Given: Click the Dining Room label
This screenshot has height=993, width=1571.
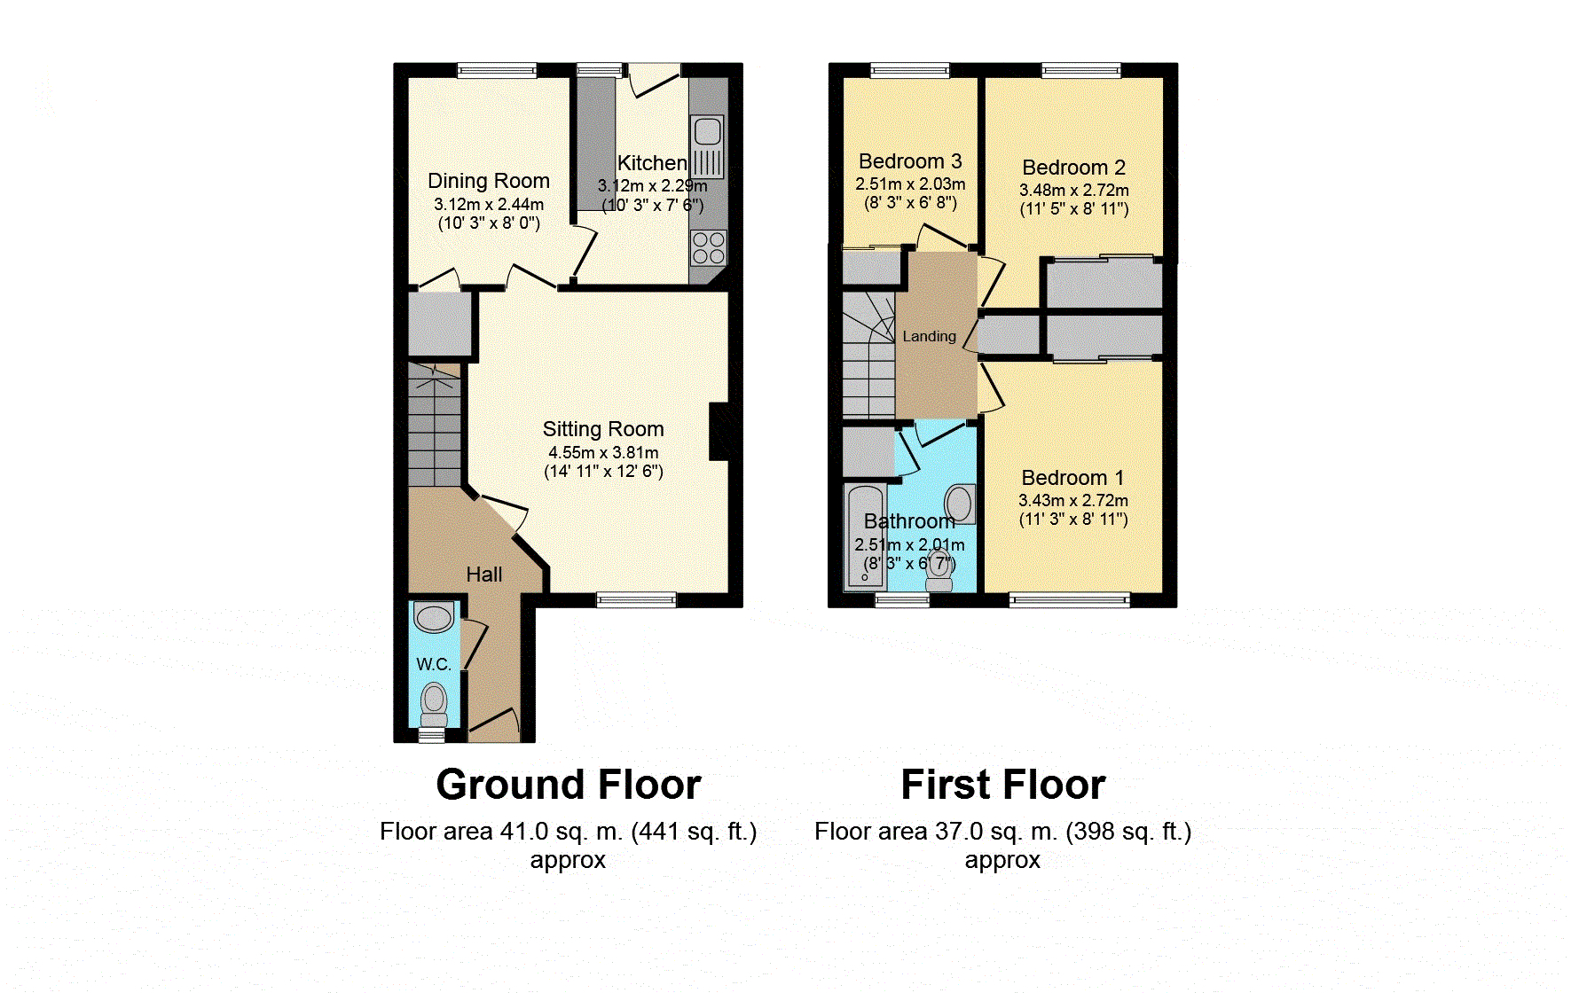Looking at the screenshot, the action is pos(489,181).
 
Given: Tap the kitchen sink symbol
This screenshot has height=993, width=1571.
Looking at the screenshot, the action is pos(707,147).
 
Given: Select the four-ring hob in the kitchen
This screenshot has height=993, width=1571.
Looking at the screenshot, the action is pos(708,247).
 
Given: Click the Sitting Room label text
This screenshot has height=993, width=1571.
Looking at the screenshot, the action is pos(603,429).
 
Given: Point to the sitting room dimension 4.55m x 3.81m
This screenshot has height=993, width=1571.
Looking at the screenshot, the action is pos(603,452).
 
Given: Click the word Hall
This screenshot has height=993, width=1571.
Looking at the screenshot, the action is pos(484,575).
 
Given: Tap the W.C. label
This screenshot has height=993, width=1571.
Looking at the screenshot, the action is pos(434,664).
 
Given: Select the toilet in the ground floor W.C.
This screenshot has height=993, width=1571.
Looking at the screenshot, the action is pos(434,702).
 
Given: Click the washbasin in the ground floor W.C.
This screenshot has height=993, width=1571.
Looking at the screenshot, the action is pos(434,617).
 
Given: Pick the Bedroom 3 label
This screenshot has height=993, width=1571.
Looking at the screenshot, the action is pos(910,161).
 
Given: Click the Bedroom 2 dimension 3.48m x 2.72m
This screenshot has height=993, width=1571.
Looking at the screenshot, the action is pos(1074,190).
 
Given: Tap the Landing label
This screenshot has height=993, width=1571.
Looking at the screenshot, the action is pos(930,336).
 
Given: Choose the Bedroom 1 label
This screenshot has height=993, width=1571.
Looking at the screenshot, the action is pos(1073,478).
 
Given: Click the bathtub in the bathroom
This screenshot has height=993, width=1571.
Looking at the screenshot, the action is pos(865,536).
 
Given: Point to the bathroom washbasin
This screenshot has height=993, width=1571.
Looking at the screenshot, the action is pos(960,504).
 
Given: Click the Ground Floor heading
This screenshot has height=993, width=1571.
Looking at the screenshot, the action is pos(569,785).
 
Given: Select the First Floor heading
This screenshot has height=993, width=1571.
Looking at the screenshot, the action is pos(1003,785).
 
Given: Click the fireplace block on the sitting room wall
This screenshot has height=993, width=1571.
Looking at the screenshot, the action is pos(719,432).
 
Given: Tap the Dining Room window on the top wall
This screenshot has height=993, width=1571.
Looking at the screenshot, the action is pos(497,70).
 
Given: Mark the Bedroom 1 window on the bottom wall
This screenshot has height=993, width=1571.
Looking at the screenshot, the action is pos(1070,600).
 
